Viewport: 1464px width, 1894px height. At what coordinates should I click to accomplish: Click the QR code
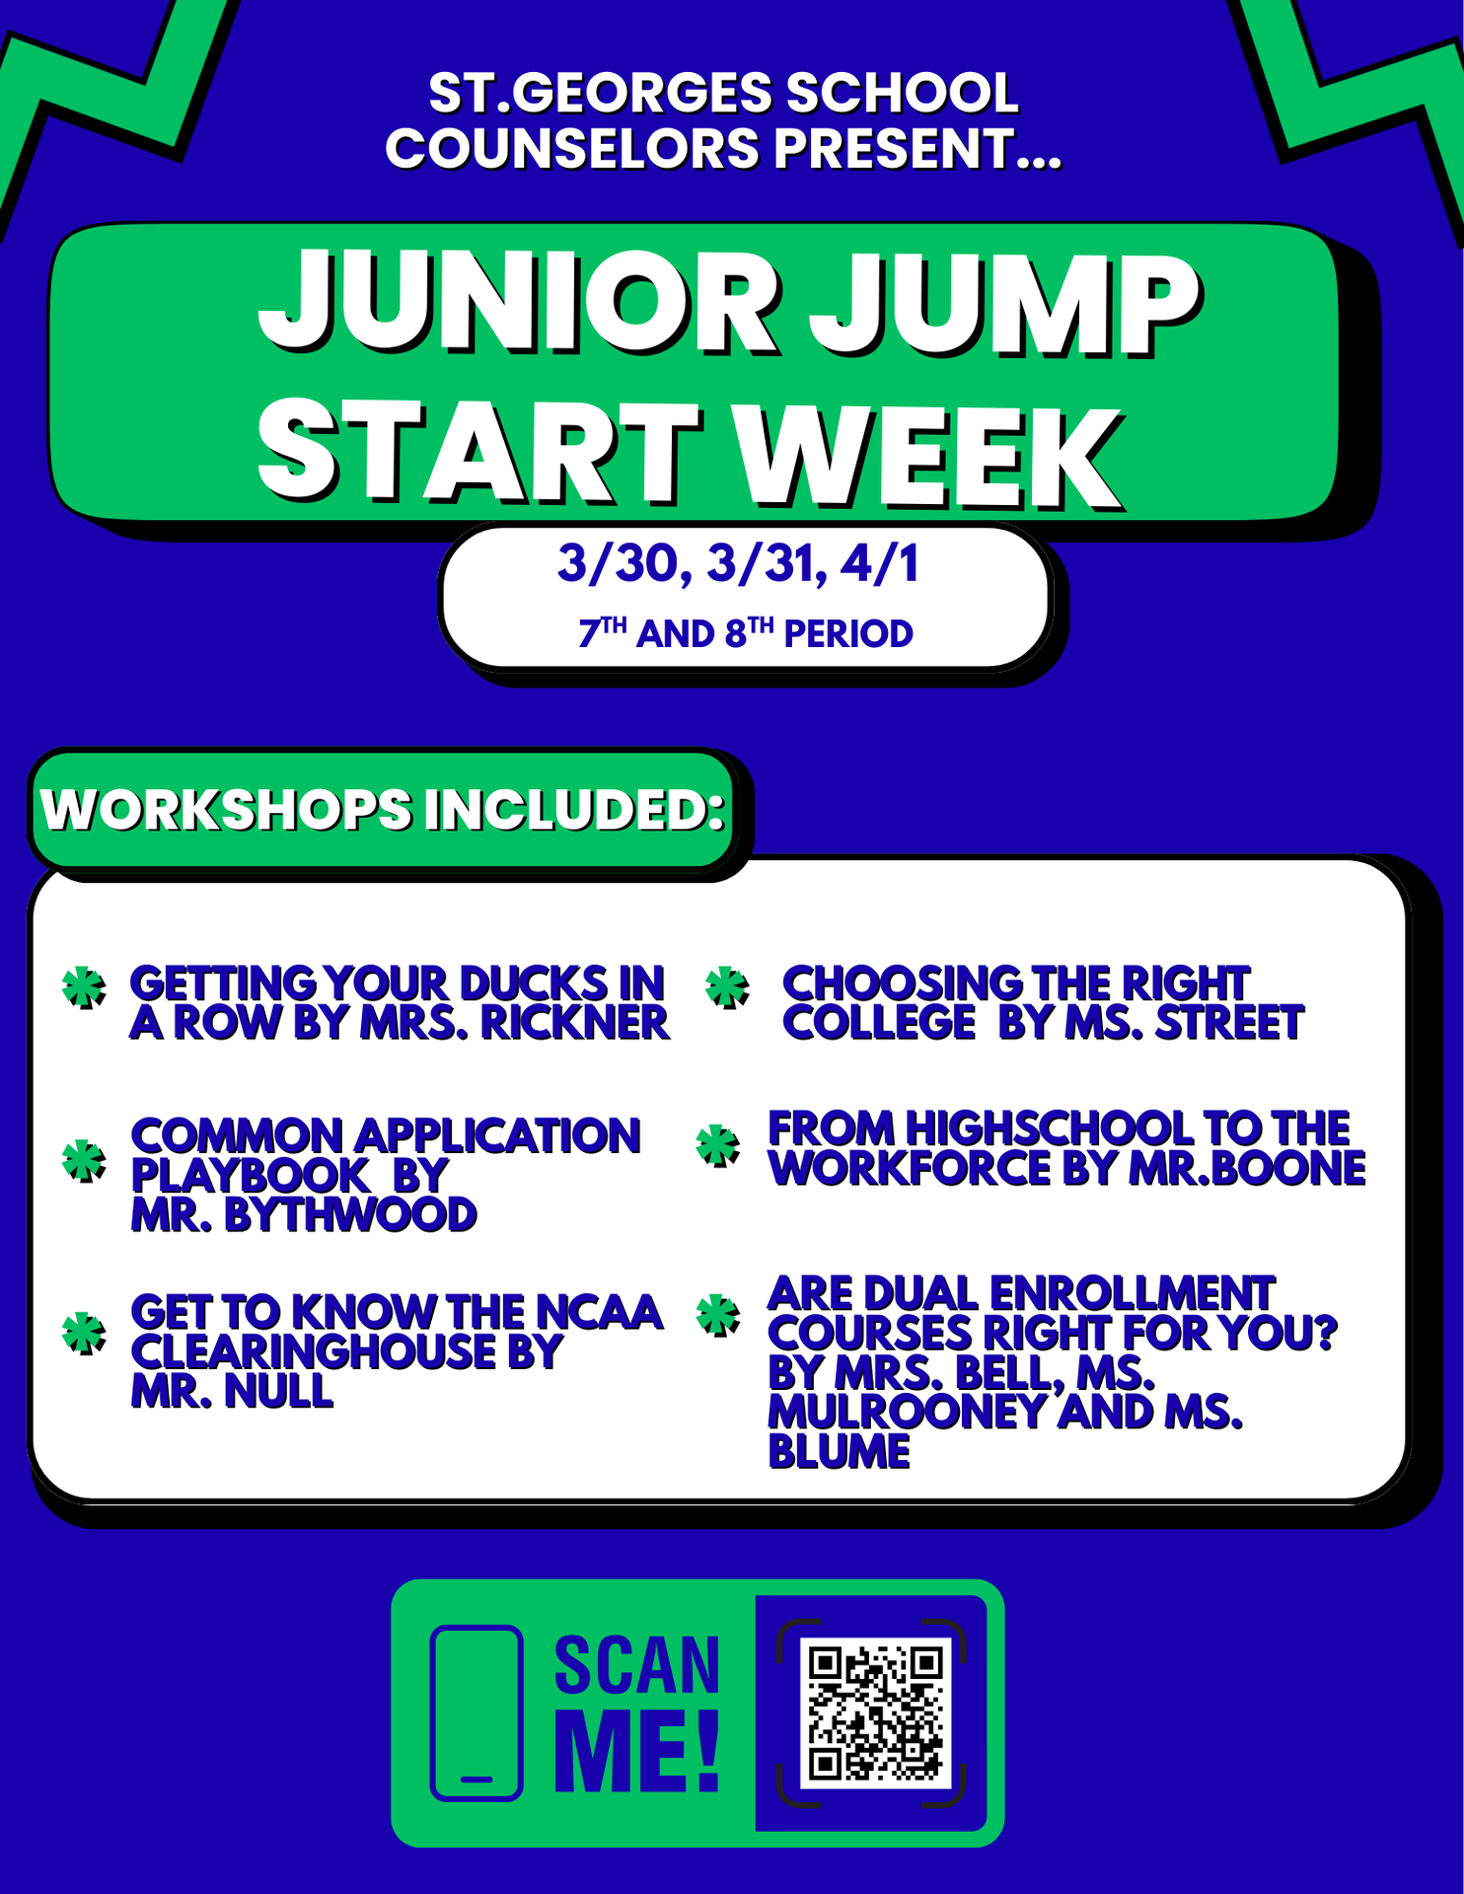coord(874,1712)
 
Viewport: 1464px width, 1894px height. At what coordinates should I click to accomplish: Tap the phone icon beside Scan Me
coord(476,1712)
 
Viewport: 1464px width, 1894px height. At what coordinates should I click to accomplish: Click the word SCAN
coord(636,1666)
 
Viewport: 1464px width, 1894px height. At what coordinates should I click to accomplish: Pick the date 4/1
coord(879,564)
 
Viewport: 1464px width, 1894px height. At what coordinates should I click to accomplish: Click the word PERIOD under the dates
coord(847,634)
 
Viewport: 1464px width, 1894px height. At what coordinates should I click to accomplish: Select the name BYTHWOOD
coord(350,1215)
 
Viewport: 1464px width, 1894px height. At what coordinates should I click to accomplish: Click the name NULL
coord(279,1391)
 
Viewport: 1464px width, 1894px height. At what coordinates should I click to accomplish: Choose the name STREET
coord(1229,1023)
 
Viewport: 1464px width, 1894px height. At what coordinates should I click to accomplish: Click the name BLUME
coord(839,1452)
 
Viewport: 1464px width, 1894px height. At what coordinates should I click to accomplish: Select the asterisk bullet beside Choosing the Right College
coord(728,987)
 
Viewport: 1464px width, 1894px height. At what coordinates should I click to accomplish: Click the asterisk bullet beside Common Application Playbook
coord(84,1160)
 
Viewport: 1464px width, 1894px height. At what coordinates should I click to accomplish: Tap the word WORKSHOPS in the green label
coord(226,810)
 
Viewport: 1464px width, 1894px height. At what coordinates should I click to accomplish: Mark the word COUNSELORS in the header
coord(572,149)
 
